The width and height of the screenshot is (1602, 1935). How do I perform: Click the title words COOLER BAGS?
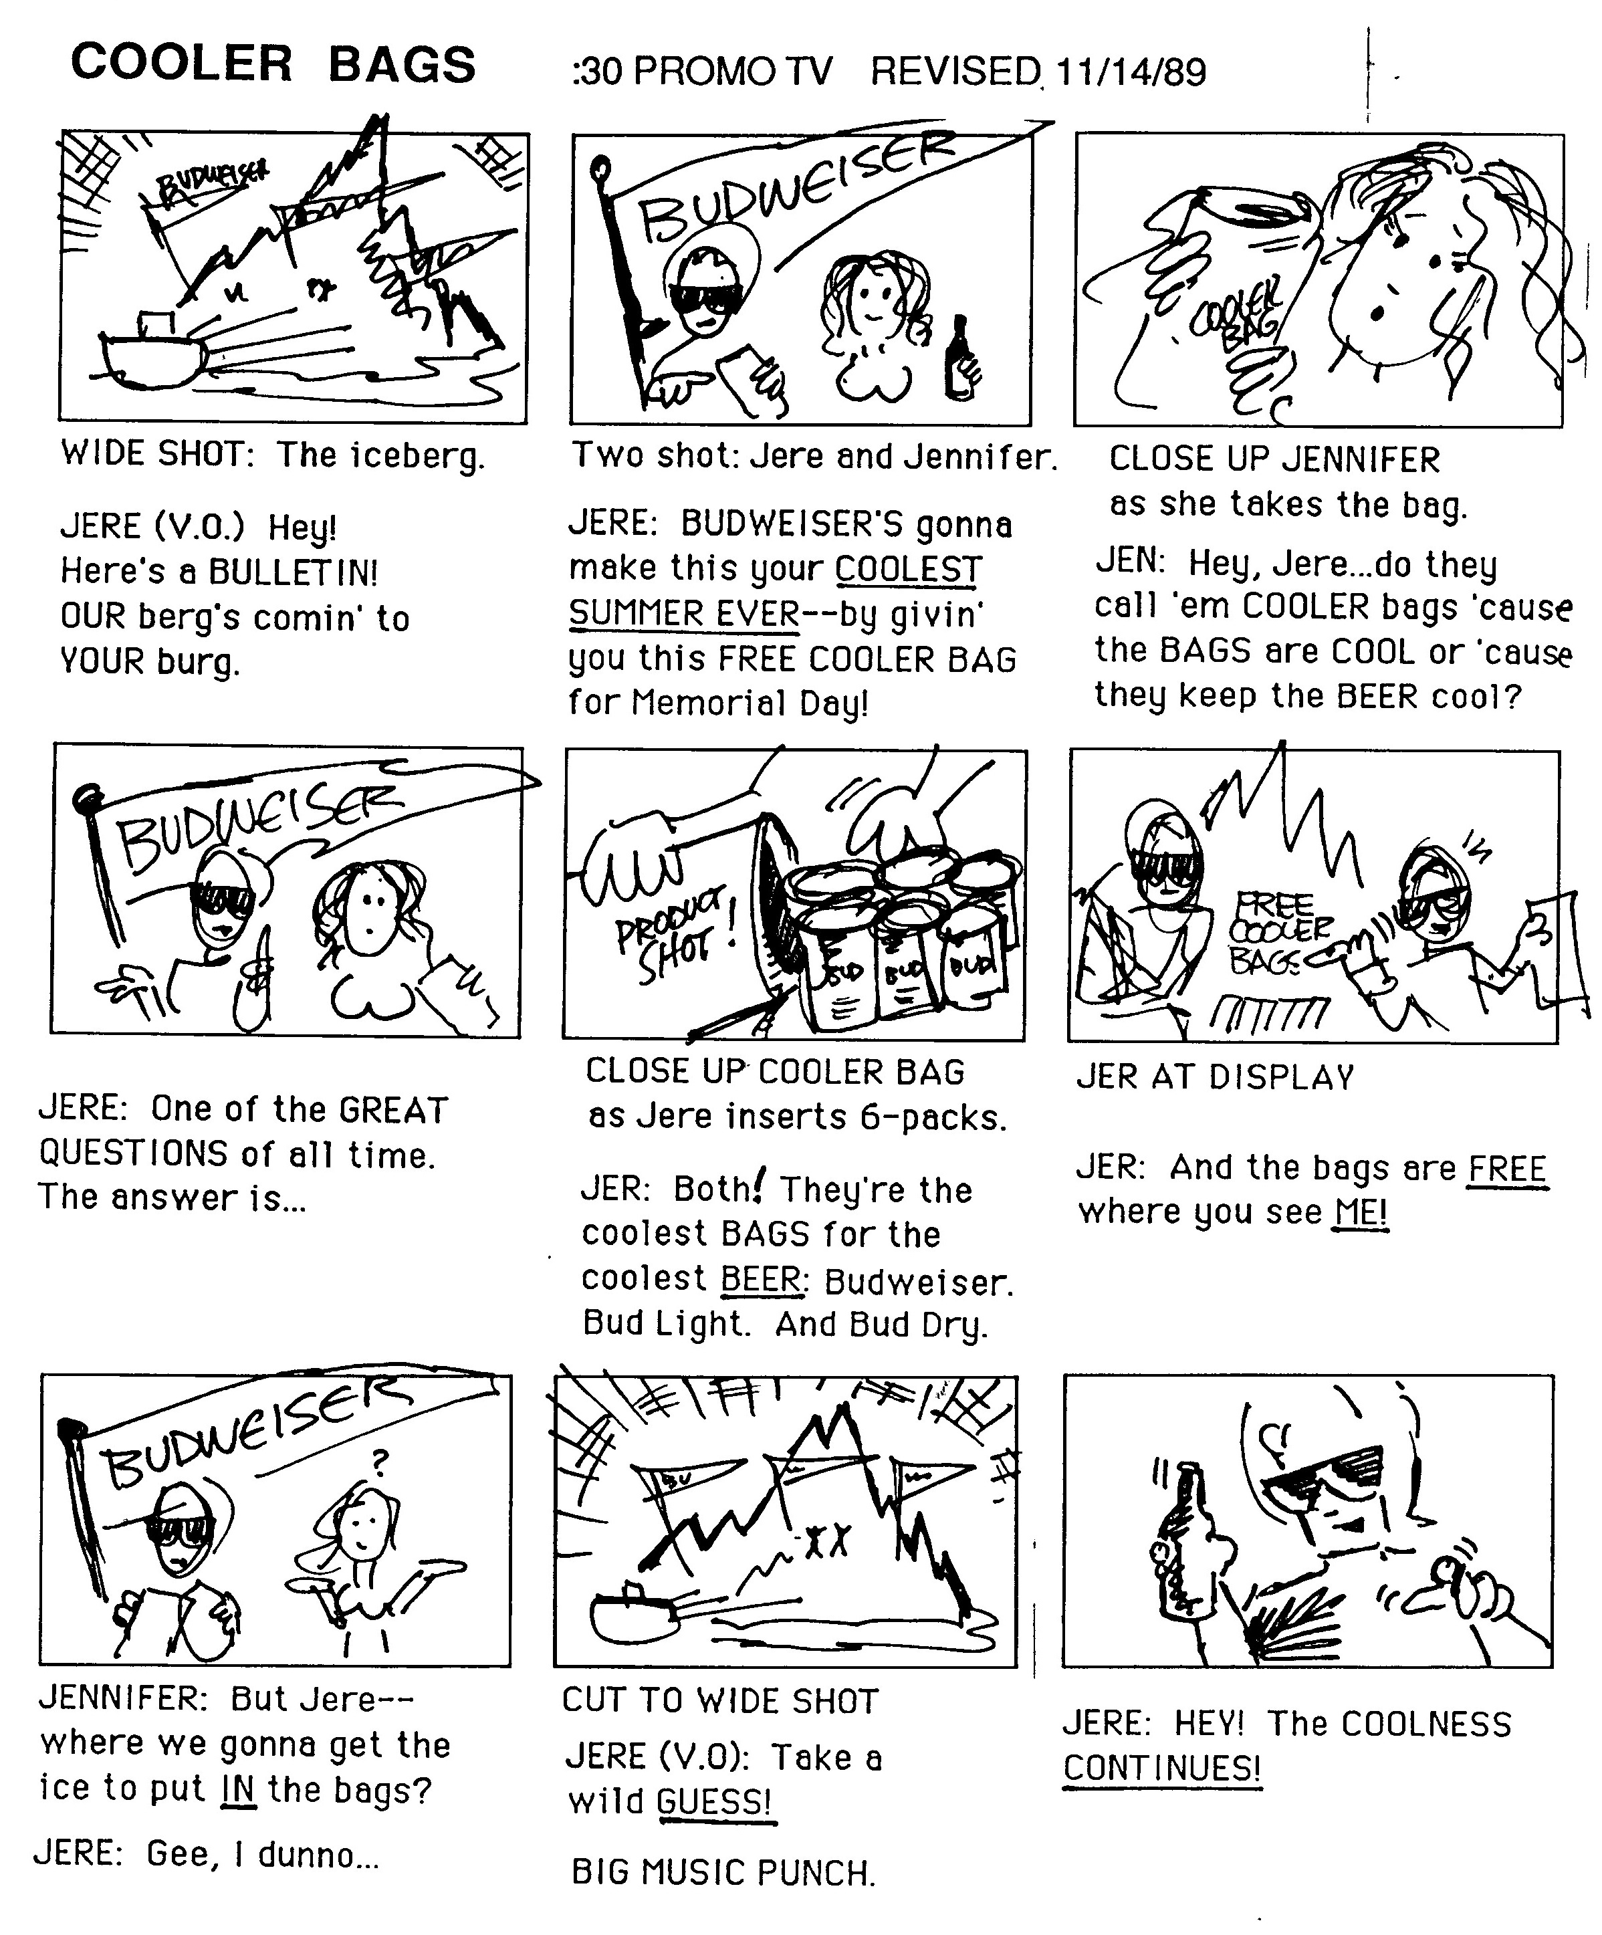273,64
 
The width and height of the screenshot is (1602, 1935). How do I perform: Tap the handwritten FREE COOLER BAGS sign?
1278,933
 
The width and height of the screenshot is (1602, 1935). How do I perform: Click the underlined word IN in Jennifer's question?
237,1789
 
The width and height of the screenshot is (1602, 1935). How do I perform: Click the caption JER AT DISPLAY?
1215,1076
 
